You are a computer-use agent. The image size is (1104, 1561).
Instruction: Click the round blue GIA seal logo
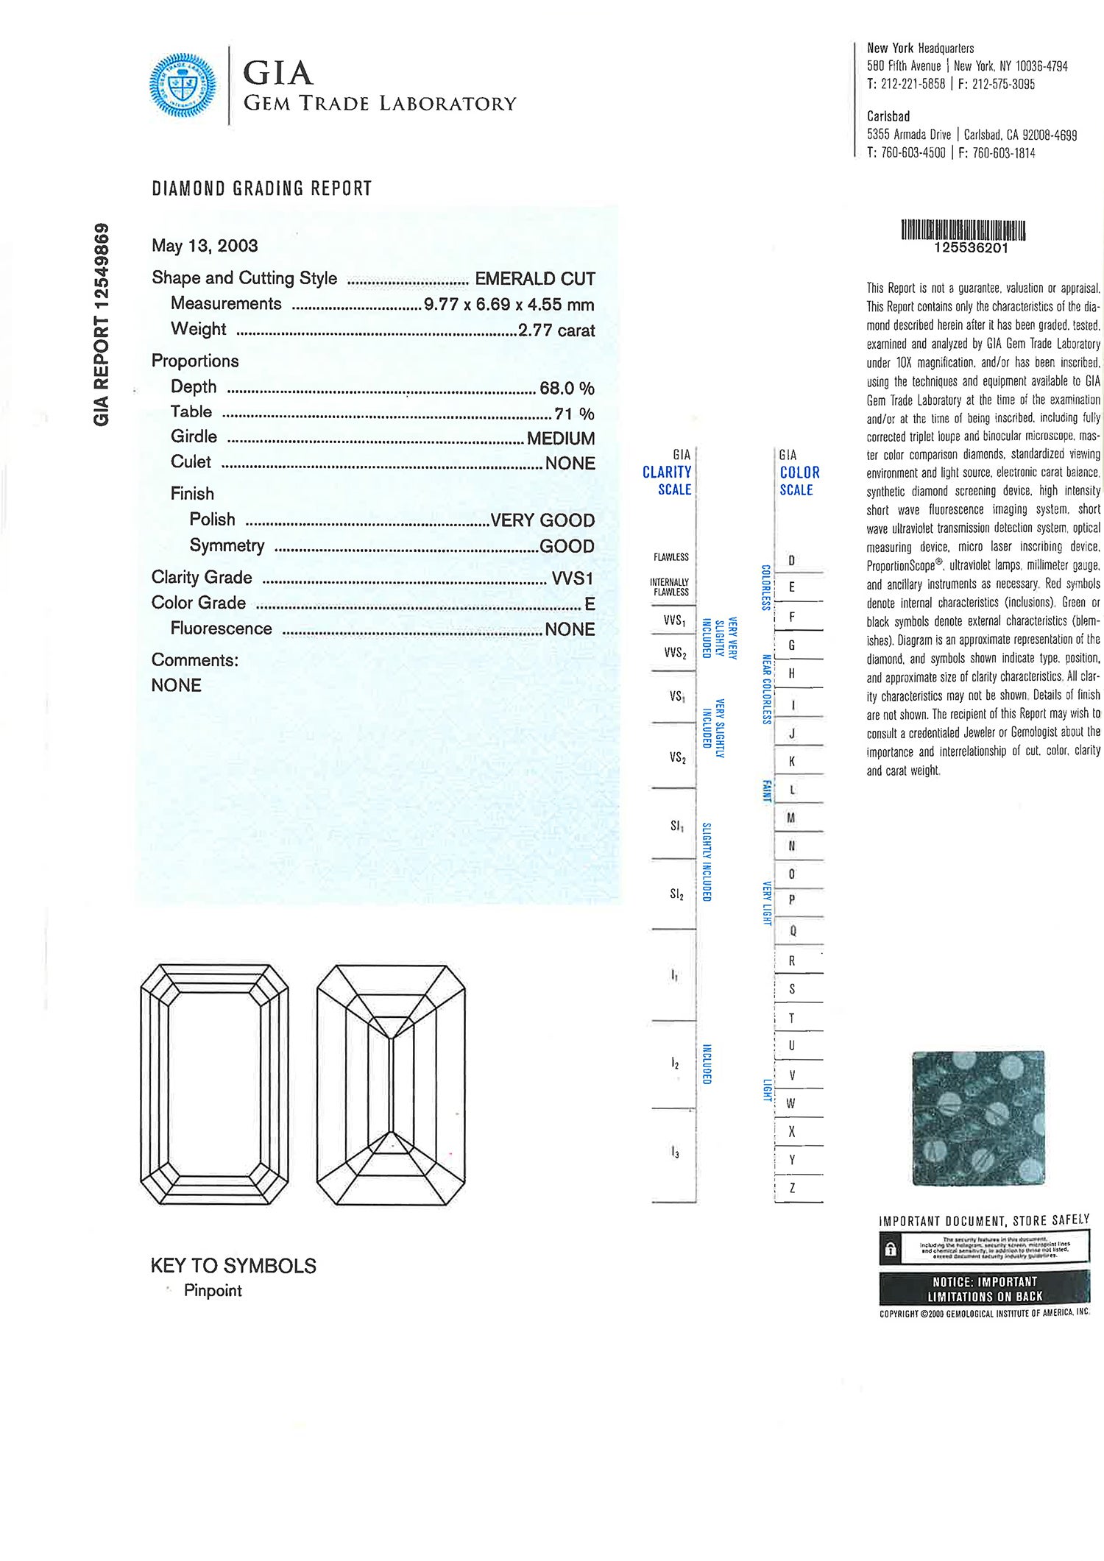(183, 85)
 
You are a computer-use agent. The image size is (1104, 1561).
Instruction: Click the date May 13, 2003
(205, 246)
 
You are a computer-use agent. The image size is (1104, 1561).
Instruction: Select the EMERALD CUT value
(534, 279)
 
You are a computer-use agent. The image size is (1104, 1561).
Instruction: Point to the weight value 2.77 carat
(556, 330)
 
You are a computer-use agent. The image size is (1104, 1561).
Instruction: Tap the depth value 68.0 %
(567, 388)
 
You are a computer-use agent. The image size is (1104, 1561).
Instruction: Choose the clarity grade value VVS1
(572, 578)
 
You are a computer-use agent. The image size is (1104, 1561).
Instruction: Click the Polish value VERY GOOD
(542, 520)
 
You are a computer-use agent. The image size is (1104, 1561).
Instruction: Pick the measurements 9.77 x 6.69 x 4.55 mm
(509, 305)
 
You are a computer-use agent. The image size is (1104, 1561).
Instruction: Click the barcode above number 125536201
(963, 230)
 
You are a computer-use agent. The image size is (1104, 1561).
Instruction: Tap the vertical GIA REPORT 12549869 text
(102, 325)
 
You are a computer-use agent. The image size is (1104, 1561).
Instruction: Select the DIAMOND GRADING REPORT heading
(262, 188)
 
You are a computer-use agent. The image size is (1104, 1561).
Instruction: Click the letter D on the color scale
(792, 560)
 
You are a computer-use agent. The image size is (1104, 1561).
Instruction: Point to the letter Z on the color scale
(792, 1188)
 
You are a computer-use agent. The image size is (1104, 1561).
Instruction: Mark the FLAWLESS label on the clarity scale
(671, 557)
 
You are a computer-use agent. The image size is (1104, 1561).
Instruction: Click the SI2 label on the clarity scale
(676, 894)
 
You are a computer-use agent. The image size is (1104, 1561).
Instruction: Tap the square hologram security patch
(978, 1118)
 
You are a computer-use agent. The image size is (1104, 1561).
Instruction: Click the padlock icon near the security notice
(891, 1249)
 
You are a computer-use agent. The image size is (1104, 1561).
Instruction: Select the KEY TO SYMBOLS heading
(233, 1266)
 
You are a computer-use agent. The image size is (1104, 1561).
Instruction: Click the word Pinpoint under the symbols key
(213, 1291)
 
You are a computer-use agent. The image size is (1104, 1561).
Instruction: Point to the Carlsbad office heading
(888, 116)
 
